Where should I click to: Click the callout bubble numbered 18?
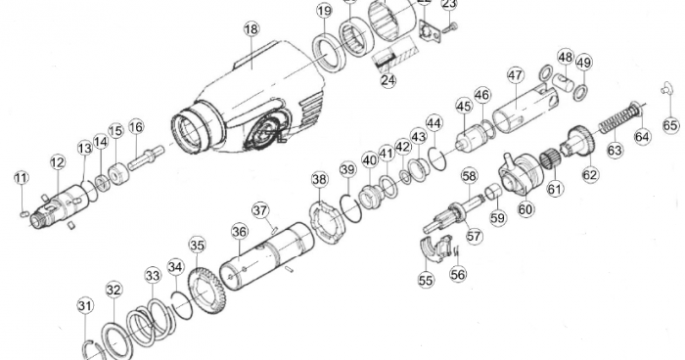point(251,29)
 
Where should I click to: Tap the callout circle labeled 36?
point(239,232)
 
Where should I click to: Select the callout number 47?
point(516,74)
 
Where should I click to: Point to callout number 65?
point(670,125)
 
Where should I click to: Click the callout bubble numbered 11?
point(22,177)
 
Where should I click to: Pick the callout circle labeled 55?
point(426,280)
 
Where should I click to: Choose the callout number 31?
point(85,306)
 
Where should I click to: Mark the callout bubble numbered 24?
point(388,80)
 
